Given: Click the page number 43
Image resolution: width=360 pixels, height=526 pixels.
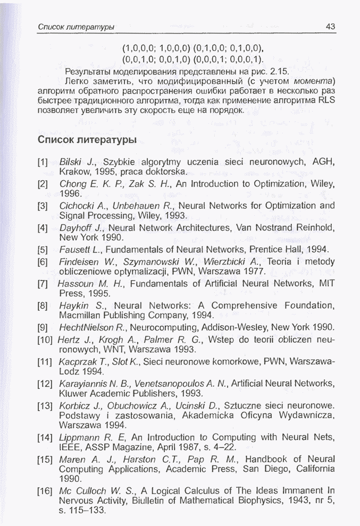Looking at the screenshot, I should point(330,27).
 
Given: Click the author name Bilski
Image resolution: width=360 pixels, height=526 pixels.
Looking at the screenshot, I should point(70,162).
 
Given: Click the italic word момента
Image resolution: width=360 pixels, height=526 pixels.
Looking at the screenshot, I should point(314,81).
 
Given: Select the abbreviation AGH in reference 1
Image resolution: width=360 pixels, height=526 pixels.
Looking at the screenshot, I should point(324,162).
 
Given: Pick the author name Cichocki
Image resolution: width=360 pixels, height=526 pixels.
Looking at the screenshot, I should point(76,206).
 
